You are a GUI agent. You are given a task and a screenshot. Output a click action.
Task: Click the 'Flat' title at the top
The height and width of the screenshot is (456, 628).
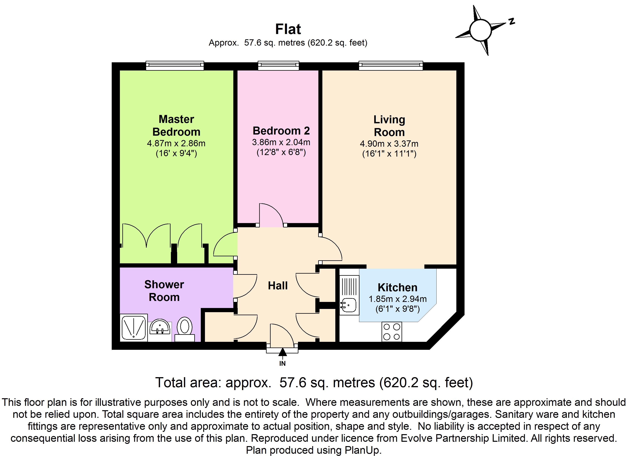(288, 29)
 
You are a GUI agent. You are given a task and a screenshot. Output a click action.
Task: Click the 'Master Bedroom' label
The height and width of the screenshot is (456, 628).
(176, 126)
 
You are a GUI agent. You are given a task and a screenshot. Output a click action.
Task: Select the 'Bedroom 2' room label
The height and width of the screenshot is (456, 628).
(281, 131)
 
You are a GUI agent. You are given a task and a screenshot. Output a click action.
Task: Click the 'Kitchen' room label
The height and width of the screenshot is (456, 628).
(397, 288)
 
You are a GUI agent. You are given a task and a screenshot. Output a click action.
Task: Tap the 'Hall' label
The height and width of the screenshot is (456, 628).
(278, 286)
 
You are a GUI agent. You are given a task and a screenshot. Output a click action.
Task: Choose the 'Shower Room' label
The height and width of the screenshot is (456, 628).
(164, 291)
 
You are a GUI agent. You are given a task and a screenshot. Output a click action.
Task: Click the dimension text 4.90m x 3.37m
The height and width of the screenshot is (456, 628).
(389, 144)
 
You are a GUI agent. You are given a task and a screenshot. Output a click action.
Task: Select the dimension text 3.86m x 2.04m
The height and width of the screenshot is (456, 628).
(281, 142)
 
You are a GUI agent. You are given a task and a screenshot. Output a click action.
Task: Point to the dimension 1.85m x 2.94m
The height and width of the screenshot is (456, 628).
(398, 299)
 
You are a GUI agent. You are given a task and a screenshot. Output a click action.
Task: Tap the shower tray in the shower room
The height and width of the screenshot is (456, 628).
(134, 328)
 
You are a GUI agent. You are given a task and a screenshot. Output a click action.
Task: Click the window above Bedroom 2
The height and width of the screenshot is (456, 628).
(279, 66)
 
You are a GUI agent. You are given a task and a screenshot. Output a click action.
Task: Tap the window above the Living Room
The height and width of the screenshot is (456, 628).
(391, 66)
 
